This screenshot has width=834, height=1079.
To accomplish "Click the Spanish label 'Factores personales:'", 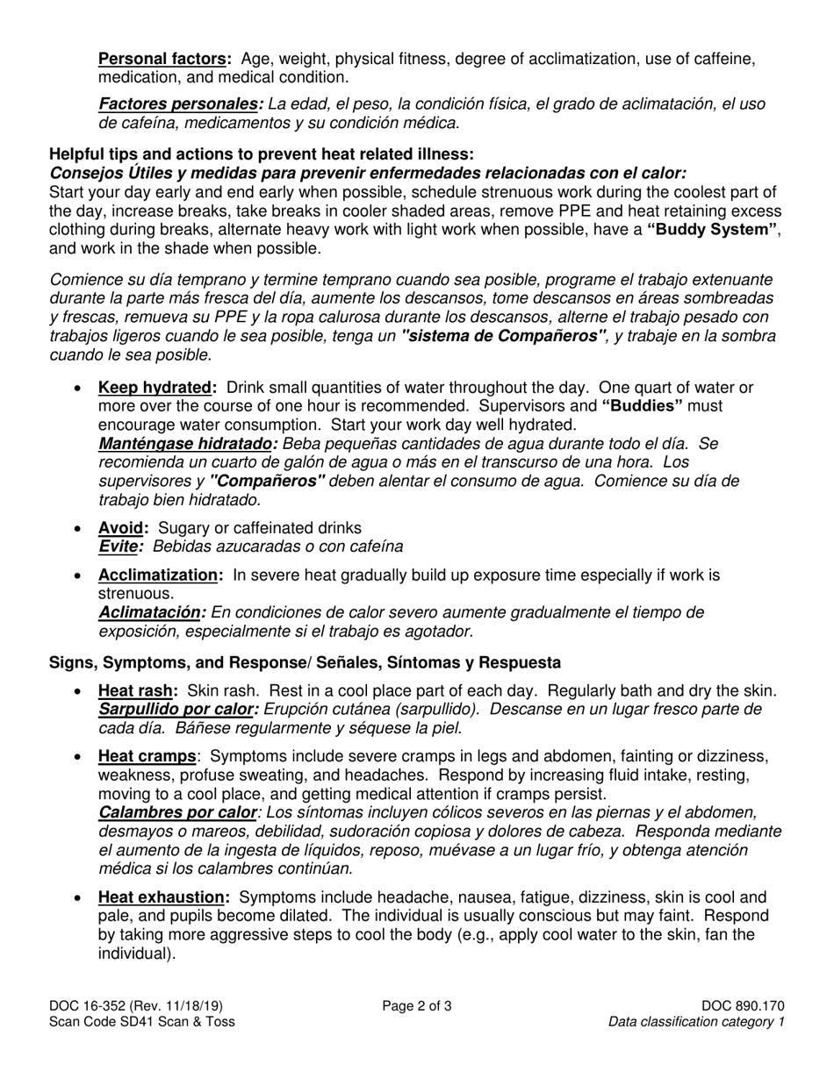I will point(180,104).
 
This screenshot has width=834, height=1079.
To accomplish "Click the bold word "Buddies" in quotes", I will point(643,406).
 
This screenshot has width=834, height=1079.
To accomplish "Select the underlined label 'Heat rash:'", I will point(138,691).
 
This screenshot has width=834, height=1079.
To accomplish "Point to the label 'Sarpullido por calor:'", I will point(179,709).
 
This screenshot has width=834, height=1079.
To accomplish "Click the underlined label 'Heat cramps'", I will point(147,756).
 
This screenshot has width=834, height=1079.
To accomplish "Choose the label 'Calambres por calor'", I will point(176,812).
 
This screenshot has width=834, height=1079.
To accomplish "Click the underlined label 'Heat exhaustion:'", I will point(164,897).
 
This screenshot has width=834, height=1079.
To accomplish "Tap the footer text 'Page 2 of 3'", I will point(417,1006).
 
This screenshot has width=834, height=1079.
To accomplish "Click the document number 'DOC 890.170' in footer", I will point(743,1006).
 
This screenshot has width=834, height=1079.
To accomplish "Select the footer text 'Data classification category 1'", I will point(696,1022).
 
